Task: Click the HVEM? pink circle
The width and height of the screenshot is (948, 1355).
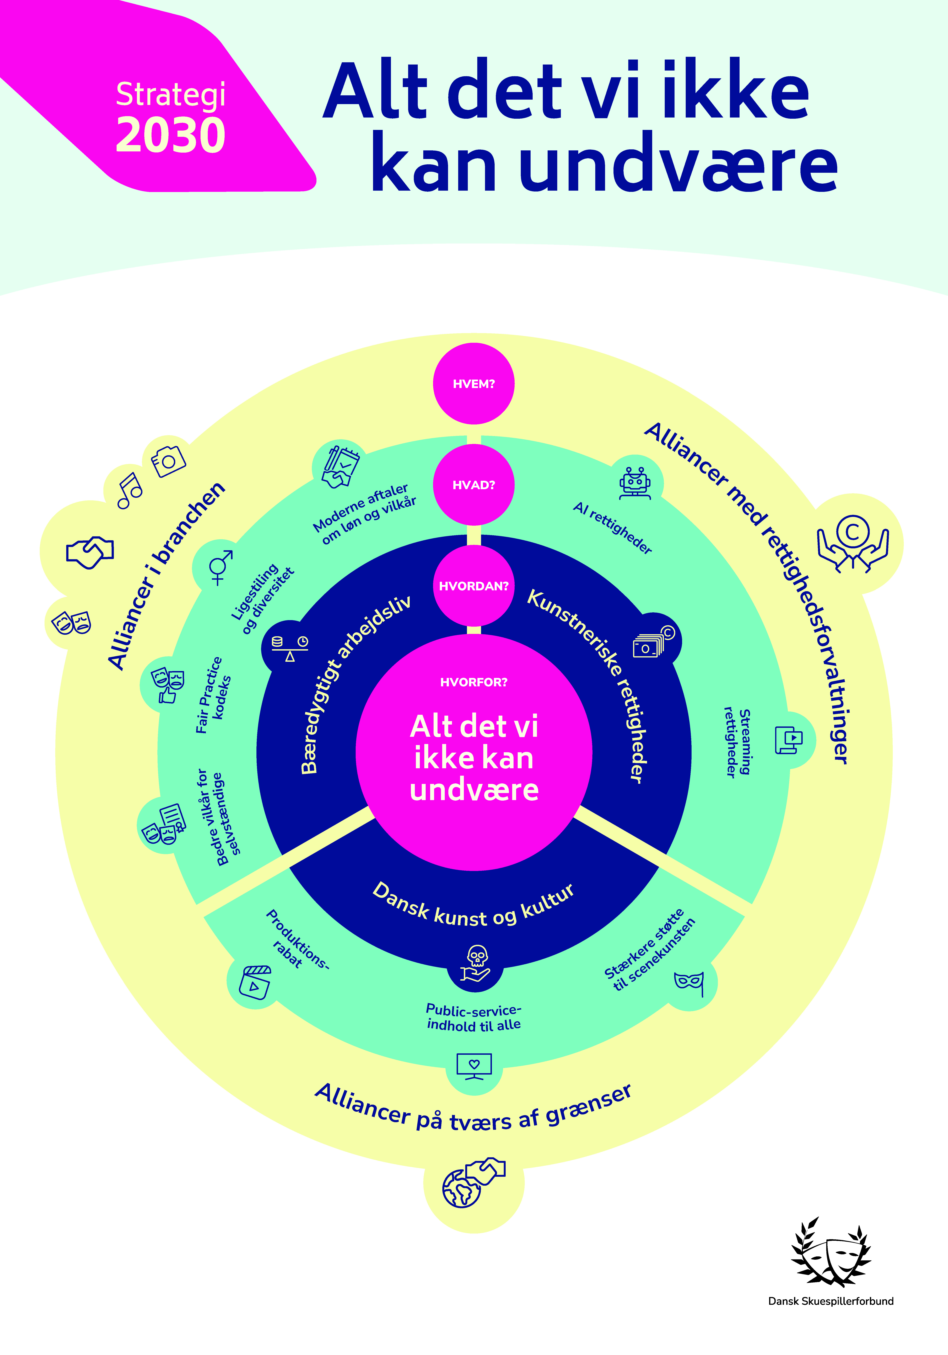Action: click(474, 384)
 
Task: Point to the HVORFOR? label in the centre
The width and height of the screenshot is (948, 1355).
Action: click(474, 682)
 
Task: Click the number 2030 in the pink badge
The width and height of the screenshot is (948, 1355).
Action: click(170, 135)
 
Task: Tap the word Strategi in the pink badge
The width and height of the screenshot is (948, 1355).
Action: click(170, 94)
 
